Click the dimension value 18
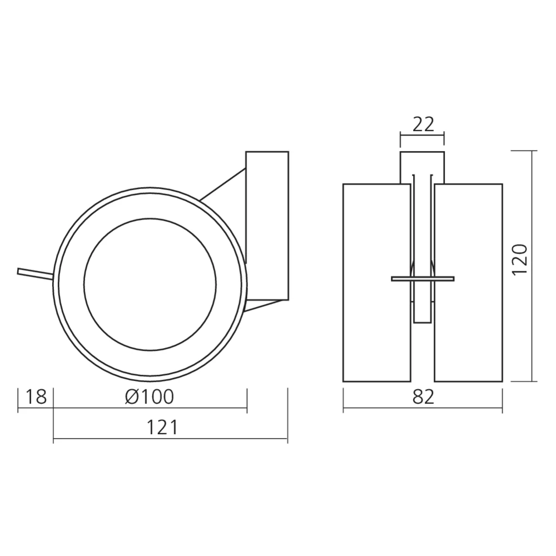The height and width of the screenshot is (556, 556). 36,397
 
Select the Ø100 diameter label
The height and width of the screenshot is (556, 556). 150,397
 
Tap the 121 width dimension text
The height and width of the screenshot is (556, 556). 162,427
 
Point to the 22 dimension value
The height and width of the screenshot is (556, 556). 423,124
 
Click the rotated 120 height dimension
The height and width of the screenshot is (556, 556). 520,260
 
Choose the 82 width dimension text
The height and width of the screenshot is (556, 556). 423,397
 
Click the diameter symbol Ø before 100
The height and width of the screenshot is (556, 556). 132,397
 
